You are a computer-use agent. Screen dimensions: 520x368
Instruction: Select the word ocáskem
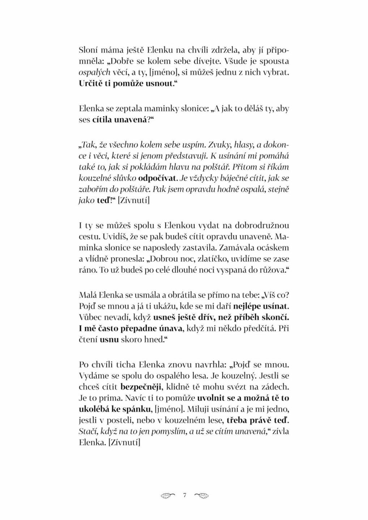pyautogui.click(x=273, y=248)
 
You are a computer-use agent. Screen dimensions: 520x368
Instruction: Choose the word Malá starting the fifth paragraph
pyautogui.click(x=87, y=295)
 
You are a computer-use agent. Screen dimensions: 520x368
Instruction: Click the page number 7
pyautogui.click(x=184, y=495)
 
